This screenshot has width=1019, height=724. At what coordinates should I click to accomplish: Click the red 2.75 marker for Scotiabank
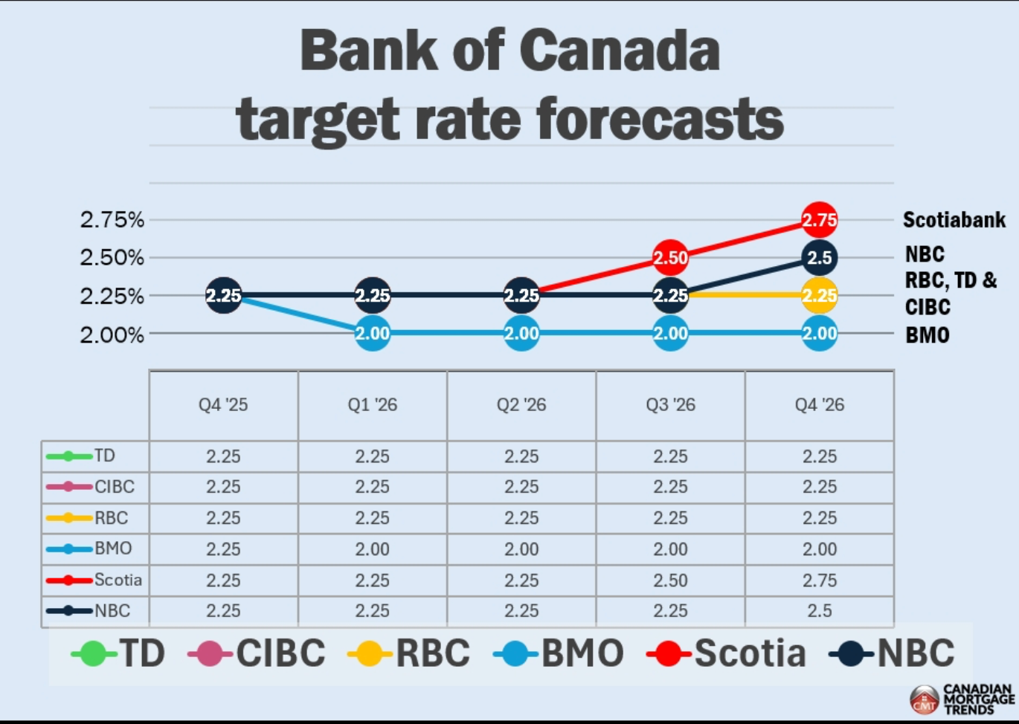pyautogui.click(x=819, y=220)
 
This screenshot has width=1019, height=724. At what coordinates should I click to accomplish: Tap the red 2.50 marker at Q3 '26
pyautogui.click(x=670, y=258)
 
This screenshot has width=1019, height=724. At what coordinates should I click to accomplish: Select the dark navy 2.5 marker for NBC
pyautogui.click(x=819, y=258)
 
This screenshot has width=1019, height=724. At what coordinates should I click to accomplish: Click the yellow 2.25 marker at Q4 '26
pyautogui.click(x=819, y=296)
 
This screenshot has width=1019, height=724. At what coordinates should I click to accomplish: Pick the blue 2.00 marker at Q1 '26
pyautogui.click(x=373, y=334)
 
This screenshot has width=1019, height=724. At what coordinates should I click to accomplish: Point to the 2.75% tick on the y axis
pyautogui.click(x=112, y=220)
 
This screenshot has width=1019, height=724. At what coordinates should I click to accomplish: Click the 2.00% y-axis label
pyautogui.click(x=112, y=335)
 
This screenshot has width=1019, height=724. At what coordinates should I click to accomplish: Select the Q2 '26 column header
pyautogui.click(x=521, y=405)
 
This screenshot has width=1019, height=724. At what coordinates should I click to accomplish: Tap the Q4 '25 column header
pyautogui.click(x=223, y=405)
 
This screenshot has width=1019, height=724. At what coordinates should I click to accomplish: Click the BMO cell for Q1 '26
pyautogui.click(x=373, y=549)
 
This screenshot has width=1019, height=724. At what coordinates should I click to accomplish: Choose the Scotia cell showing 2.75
pyautogui.click(x=819, y=581)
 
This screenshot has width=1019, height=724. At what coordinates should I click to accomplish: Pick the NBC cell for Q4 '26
pyautogui.click(x=819, y=611)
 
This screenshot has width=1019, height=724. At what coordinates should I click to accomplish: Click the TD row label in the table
pyautogui.click(x=104, y=456)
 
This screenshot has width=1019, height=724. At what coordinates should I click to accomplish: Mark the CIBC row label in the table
pyautogui.click(x=114, y=487)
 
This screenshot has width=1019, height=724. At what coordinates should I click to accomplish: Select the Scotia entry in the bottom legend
pyautogui.click(x=727, y=654)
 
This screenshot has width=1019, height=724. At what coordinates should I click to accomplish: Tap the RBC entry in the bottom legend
pyautogui.click(x=410, y=654)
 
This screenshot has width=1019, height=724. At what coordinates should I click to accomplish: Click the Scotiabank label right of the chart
pyautogui.click(x=954, y=220)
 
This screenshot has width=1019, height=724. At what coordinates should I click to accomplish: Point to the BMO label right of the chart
pyautogui.click(x=927, y=335)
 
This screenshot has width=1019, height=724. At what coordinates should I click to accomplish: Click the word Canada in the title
pyautogui.click(x=619, y=51)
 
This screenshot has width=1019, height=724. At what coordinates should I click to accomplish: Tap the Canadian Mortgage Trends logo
pyautogui.click(x=962, y=699)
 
